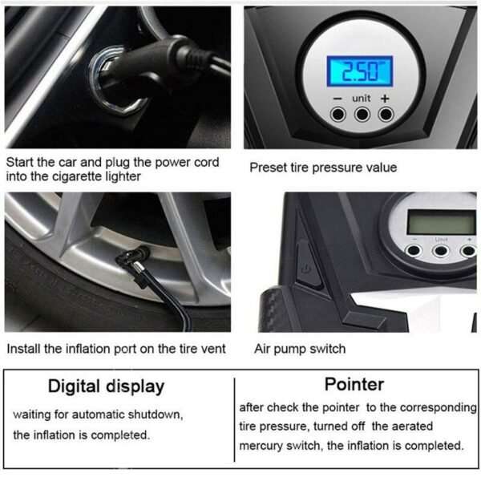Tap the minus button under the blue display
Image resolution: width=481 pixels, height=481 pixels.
tap(338, 115)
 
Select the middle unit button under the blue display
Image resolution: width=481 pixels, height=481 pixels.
tap(362, 115)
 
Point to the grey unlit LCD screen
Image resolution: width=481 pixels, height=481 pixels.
tap(440, 221)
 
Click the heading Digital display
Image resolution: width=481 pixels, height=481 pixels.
tap(107, 386)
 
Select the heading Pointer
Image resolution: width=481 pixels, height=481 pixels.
tap(354, 384)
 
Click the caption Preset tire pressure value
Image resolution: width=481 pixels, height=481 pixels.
tap(322, 168)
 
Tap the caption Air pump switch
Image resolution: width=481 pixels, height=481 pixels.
tap(300, 349)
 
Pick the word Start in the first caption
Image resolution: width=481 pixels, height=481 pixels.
tap(21, 162)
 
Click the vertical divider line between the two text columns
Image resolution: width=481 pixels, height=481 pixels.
tap(234, 417)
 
